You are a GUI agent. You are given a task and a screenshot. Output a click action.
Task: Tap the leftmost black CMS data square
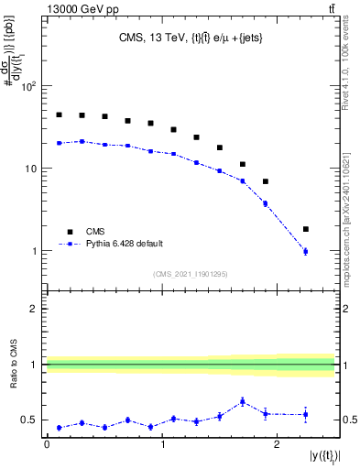(59, 115)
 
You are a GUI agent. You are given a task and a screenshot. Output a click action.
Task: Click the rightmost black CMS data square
(306, 229)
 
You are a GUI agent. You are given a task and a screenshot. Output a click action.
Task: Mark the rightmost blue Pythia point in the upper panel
(306, 251)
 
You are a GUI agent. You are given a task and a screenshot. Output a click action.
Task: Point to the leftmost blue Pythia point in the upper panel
(59, 143)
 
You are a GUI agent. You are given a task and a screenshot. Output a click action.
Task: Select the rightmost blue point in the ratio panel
(306, 414)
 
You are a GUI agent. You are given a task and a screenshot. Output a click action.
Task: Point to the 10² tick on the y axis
(27, 87)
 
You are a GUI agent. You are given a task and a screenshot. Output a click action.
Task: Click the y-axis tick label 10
(29, 169)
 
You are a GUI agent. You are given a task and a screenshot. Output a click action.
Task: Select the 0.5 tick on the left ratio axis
(33, 420)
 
